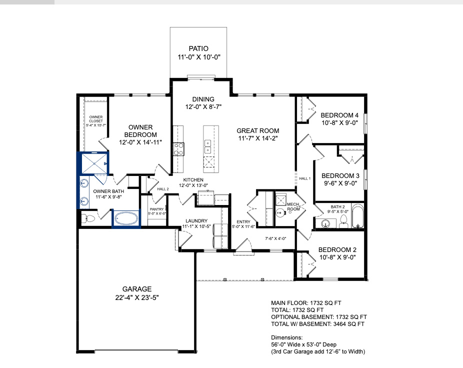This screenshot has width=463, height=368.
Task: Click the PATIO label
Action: [x=198, y=48]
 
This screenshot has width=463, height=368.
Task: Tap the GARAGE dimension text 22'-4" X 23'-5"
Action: [x=137, y=297]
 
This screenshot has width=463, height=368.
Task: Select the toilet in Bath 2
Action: [x=343, y=221]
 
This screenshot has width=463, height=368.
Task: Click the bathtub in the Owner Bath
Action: [x=126, y=219]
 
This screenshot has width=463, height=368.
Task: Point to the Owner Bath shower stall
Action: [x=94, y=163]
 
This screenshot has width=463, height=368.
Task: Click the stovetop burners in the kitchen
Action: [x=178, y=149]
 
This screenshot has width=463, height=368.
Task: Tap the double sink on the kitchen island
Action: [x=207, y=146]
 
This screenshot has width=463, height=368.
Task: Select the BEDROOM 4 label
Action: [x=339, y=115]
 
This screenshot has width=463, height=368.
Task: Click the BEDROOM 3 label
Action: [x=340, y=175]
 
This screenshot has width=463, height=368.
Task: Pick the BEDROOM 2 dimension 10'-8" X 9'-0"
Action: [x=337, y=257]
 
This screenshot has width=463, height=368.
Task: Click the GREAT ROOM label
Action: [x=258, y=130]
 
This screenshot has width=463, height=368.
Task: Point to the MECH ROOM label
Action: [x=293, y=206]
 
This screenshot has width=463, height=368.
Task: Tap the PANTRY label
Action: [x=156, y=209]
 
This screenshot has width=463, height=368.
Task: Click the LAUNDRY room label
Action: [x=196, y=220]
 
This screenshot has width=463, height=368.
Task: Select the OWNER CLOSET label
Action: [x=96, y=119]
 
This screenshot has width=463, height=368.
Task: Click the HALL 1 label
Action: [x=304, y=178]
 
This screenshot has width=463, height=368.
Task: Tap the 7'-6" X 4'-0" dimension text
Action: [x=275, y=238]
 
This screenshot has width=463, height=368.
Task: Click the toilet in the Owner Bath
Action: [x=88, y=218]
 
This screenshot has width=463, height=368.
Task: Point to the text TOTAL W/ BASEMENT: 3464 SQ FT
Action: [x=317, y=324]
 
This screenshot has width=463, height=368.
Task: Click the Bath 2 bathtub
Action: [x=357, y=216]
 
